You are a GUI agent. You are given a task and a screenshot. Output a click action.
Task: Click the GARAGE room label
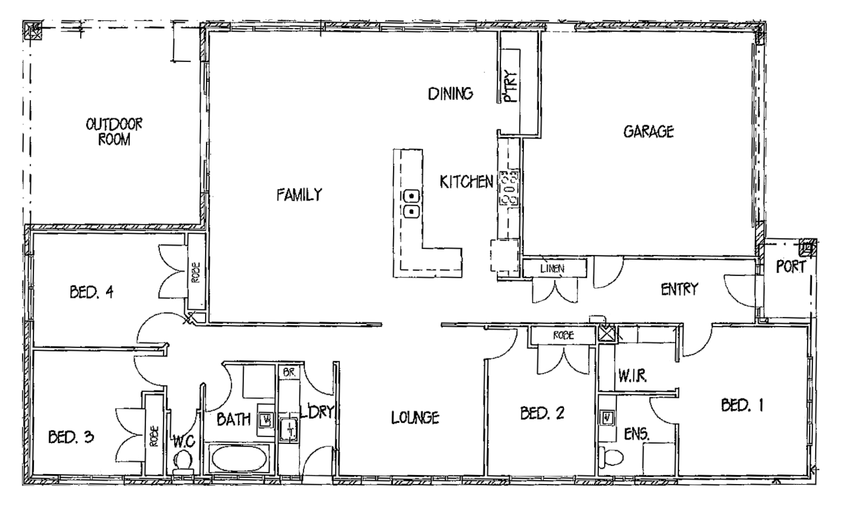pos(648,131)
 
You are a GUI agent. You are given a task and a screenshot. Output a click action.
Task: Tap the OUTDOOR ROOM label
pos(114,131)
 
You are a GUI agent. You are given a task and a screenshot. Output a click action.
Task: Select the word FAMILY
pos(299,194)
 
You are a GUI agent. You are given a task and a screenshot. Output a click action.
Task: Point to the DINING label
pos(450,93)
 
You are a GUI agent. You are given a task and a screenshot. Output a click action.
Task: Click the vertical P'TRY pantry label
pos(510,86)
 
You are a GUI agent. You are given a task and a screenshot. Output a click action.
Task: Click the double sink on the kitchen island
pos(412,203)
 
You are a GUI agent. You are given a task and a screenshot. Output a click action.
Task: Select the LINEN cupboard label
pos(552,269)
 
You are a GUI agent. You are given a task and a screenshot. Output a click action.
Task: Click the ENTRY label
pos(679,289)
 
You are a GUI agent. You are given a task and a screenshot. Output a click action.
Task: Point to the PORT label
pos(791,266)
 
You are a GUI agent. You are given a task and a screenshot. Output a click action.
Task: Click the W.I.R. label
pos(632,376)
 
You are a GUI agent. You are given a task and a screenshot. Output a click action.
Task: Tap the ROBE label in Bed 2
pos(563,335)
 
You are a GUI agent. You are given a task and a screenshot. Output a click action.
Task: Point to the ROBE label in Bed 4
pos(196,272)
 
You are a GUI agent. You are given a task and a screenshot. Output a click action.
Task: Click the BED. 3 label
pos(71,437)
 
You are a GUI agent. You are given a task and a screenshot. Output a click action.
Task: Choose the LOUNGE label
pos(415,417)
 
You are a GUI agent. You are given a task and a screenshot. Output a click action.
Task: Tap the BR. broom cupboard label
pos(289,372)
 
